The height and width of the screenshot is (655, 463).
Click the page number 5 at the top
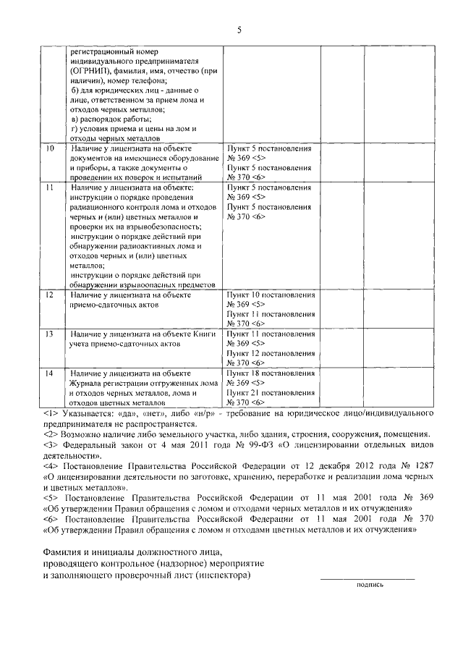(238, 30)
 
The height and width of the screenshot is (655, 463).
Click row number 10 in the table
(49, 148)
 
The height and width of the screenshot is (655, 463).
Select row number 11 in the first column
(49, 187)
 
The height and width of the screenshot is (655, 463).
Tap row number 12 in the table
(49, 295)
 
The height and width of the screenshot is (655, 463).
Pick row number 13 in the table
(49, 334)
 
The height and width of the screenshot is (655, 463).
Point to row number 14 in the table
(49, 373)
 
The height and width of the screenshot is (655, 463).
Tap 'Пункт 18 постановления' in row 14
(271, 373)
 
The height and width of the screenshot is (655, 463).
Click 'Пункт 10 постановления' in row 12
(271, 295)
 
